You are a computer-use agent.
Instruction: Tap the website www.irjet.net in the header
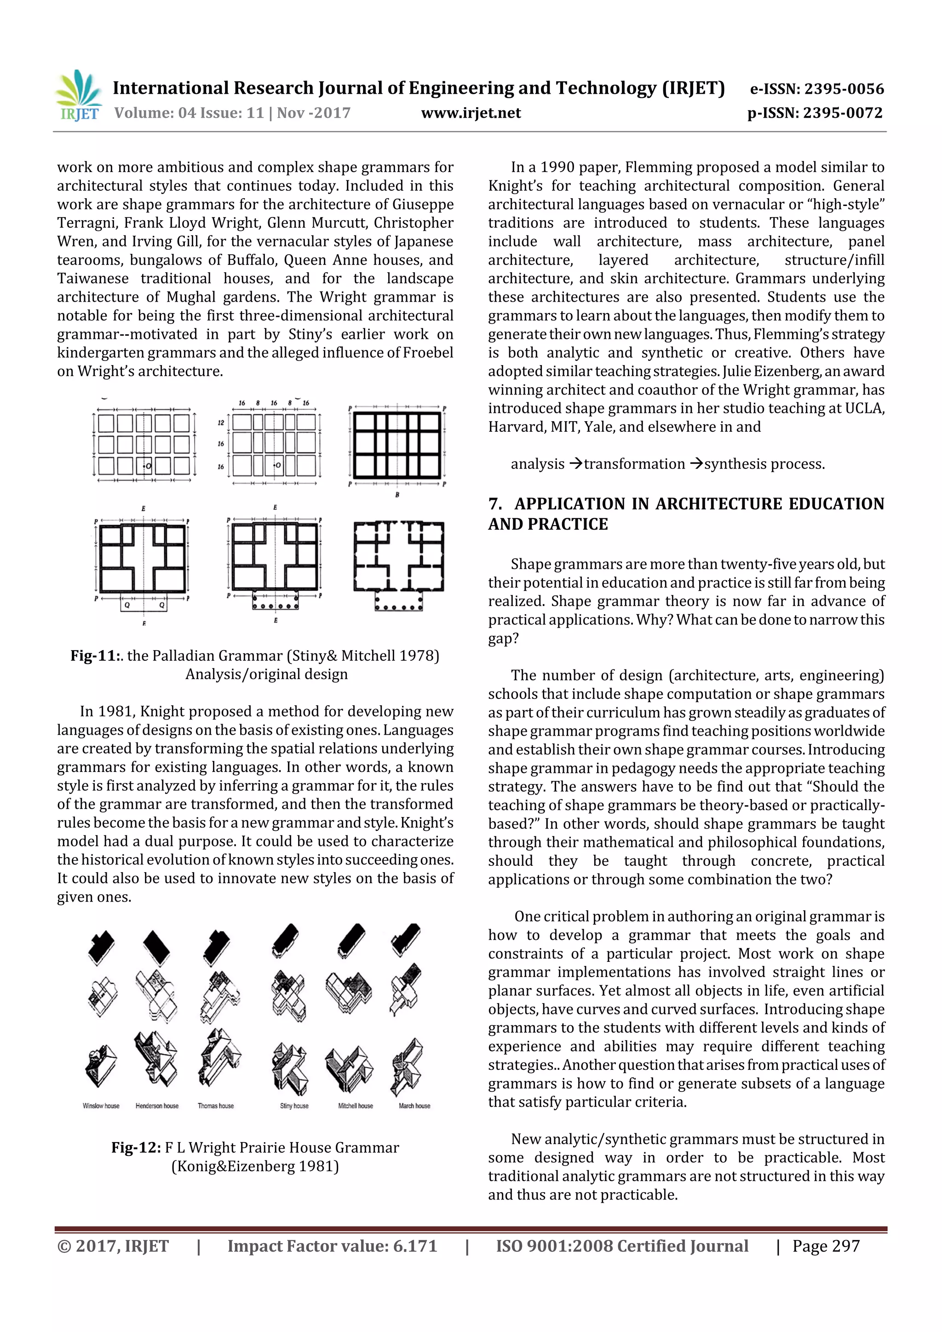tap(471, 113)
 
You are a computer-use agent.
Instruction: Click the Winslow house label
tap(101, 1106)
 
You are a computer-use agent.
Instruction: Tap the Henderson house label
tap(157, 1106)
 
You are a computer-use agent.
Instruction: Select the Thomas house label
tap(216, 1106)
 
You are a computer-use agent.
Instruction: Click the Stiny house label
tap(294, 1106)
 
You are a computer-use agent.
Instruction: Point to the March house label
tap(414, 1106)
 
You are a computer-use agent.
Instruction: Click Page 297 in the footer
tap(826, 1246)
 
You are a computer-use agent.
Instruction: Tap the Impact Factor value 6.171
tap(414, 1246)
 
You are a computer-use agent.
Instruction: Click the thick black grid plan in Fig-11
tap(397, 445)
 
